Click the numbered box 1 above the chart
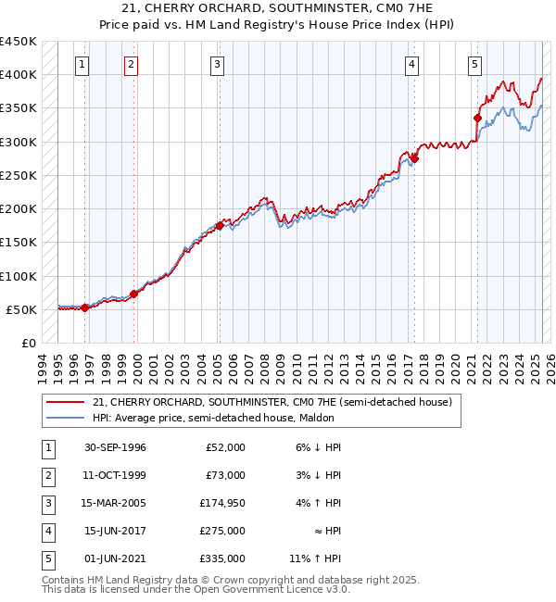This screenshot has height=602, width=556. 83,65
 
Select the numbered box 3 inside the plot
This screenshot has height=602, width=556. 216,65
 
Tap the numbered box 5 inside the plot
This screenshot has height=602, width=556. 474,65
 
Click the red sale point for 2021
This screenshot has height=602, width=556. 478,118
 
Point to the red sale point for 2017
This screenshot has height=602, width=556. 415,158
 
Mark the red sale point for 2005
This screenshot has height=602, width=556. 220,225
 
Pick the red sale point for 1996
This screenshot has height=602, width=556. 84,307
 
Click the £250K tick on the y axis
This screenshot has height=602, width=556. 19,175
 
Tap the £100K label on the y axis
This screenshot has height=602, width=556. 19,276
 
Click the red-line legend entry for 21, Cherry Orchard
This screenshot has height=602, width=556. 272,402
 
